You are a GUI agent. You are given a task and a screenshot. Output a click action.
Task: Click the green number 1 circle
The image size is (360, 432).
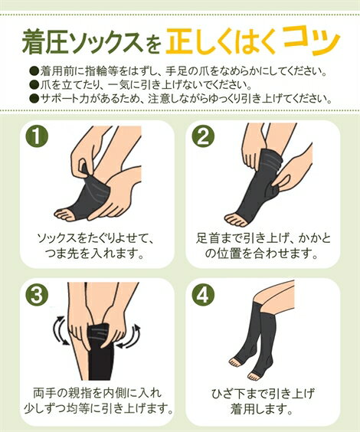click(x=36, y=137)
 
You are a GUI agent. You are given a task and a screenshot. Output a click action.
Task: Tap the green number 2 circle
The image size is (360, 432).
click(x=203, y=137)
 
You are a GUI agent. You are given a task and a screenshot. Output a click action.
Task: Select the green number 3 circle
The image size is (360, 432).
click(x=36, y=296)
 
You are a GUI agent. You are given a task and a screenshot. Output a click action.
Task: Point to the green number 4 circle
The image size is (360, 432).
click(x=203, y=296)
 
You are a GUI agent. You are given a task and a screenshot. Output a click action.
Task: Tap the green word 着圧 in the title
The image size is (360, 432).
click(x=45, y=42)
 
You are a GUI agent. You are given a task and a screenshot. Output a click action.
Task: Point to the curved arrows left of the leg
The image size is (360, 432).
click(x=61, y=331)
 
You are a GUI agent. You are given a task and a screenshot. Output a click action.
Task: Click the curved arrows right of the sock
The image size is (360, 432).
click(x=130, y=337)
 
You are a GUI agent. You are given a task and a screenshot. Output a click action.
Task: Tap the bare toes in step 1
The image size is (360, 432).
click(x=66, y=214)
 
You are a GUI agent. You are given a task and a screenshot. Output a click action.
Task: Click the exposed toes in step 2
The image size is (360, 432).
click(x=236, y=220)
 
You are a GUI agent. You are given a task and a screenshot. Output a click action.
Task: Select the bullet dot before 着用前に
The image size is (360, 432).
click(x=34, y=71)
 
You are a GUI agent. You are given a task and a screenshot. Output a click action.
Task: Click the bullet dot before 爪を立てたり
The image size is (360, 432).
click(x=34, y=84)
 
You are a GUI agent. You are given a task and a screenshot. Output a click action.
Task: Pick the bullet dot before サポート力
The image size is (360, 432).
click(x=34, y=98)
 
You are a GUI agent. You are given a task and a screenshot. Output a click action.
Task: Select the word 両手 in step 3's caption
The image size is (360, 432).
click(x=43, y=393)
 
